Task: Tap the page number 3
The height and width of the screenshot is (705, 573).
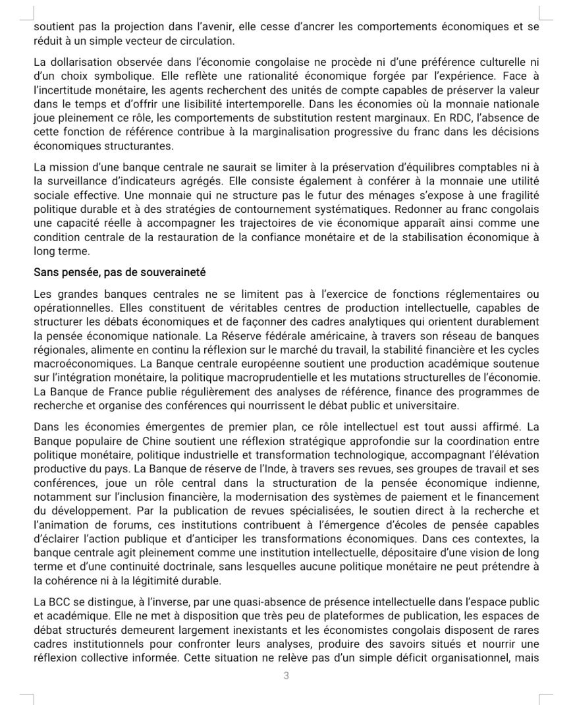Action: [286, 675]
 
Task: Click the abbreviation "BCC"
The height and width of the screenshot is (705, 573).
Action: [61, 602]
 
